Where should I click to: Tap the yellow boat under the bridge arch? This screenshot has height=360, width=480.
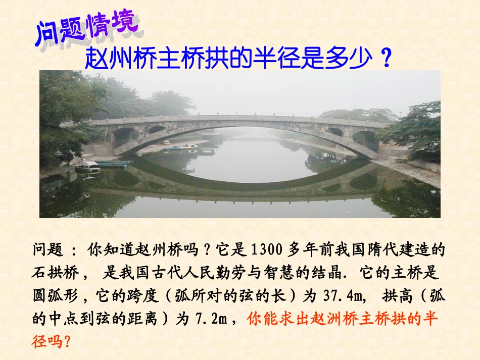(166, 143)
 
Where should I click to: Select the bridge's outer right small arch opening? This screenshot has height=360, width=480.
(364, 138)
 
